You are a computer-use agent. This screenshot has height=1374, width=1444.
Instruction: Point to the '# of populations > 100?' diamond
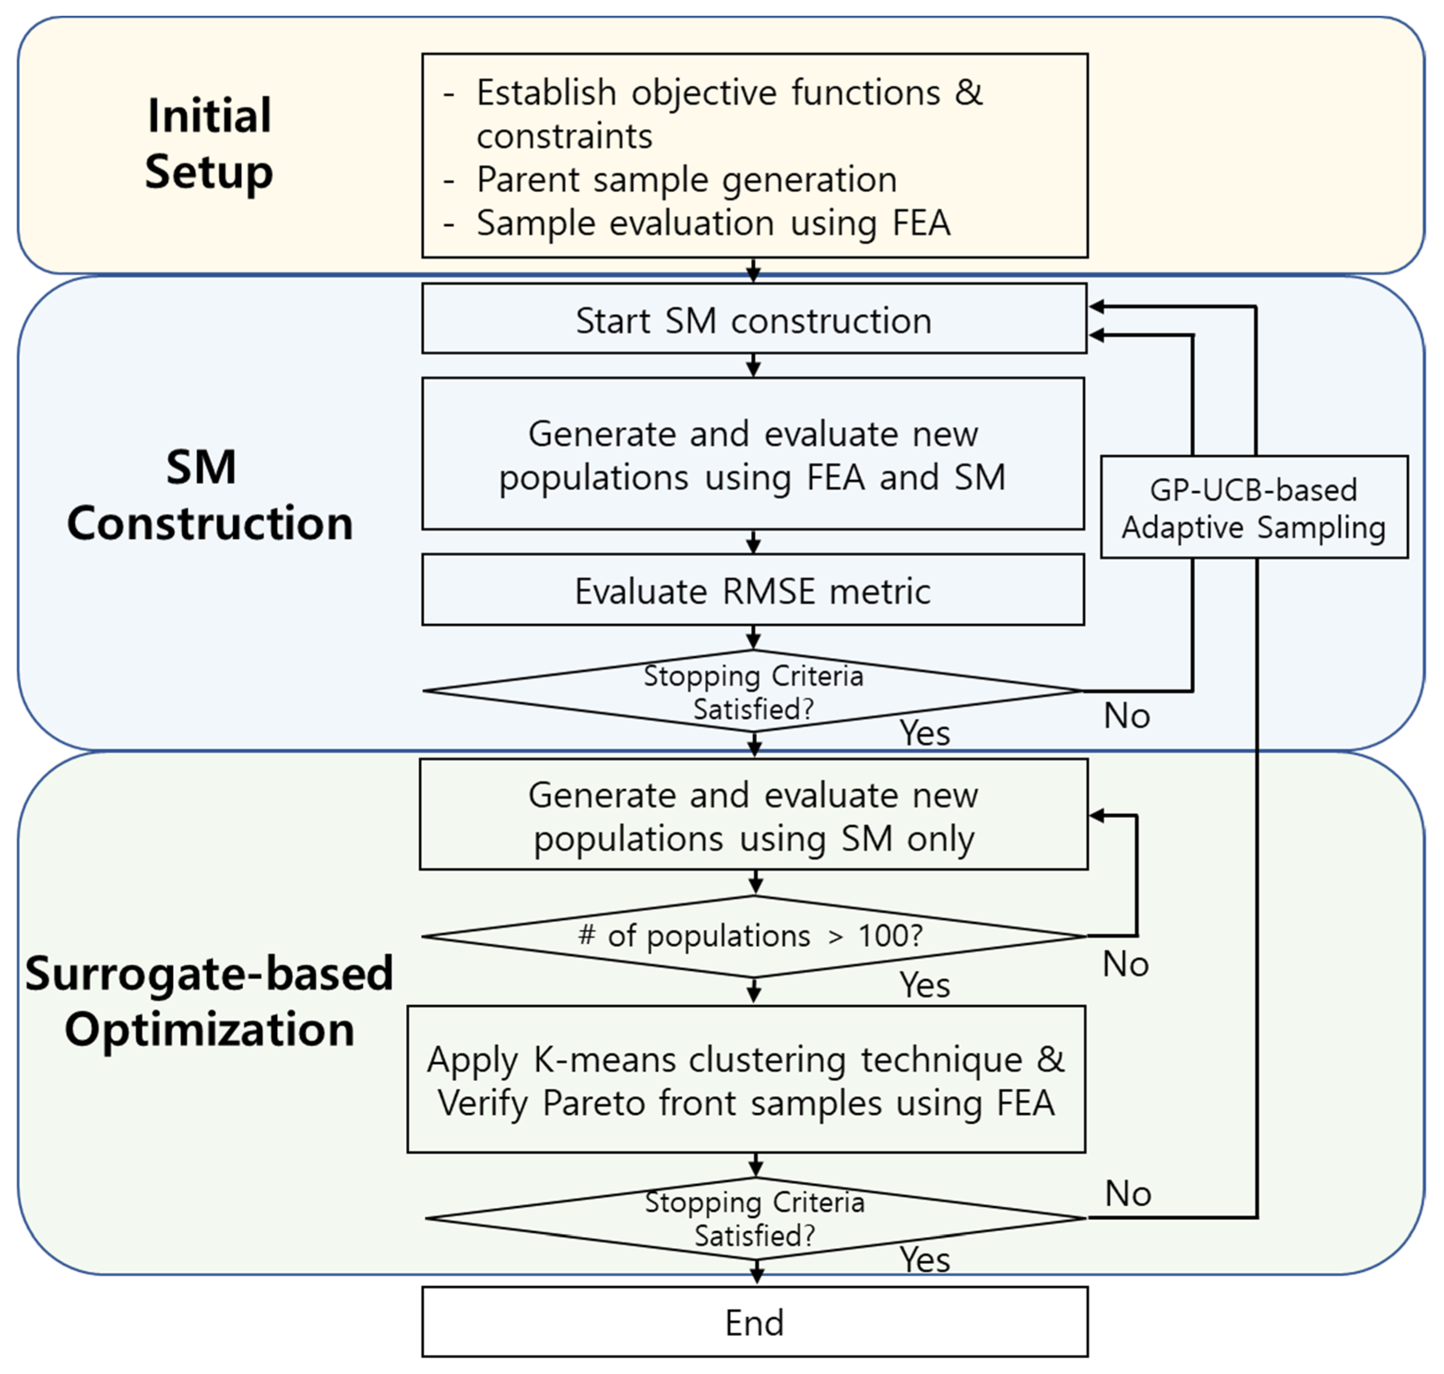(x=754, y=936)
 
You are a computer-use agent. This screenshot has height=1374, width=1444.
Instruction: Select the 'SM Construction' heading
(x=209, y=494)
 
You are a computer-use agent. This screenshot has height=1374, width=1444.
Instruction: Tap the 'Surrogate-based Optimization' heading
(x=209, y=1001)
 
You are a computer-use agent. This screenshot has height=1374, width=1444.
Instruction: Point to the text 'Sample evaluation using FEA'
(x=713, y=223)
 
